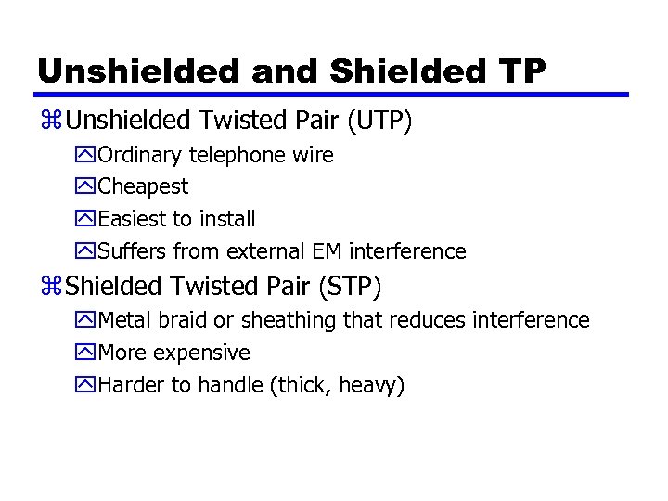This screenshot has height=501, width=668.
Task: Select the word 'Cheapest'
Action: coord(143,186)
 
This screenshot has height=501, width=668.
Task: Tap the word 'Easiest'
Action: coord(133,219)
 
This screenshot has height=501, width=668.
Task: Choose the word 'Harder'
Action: coord(131,385)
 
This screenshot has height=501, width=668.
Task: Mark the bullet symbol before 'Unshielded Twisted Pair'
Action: coord(50,122)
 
